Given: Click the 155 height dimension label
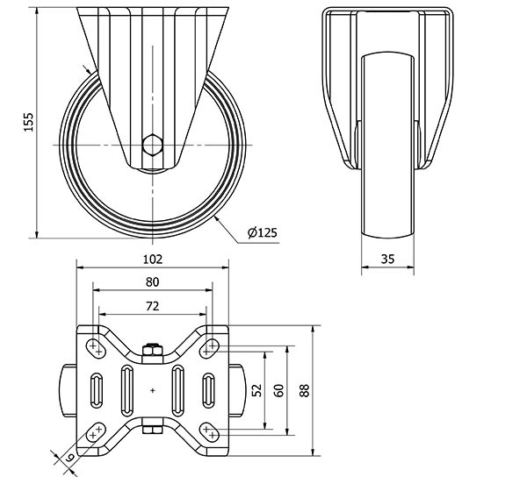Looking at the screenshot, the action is (29, 122).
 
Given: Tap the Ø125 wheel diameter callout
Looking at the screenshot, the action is (263, 232).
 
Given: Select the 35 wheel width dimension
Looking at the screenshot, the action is (387, 259).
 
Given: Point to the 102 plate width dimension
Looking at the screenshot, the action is (153, 260).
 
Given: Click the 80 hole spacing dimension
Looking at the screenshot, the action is (152, 282).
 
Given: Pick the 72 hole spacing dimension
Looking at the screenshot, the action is (152, 306).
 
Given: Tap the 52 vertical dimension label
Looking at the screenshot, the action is (257, 390).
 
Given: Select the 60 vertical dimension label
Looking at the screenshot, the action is (279, 390).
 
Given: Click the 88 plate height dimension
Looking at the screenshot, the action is (304, 390).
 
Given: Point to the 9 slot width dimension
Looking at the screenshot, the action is (69, 457).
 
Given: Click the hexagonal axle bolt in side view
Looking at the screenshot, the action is (152, 145).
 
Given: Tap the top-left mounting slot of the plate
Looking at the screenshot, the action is (96, 348).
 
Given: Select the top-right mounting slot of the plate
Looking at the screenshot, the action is (209, 348).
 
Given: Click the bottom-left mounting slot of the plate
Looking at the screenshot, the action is (96, 432).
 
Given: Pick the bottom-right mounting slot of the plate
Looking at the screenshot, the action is (209, 432).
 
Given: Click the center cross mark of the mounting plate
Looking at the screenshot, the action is (153, 390).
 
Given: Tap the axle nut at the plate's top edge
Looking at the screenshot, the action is (153, 350).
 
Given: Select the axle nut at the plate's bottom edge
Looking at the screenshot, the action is (153, 429).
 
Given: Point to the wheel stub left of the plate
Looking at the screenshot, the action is (69, 390).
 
